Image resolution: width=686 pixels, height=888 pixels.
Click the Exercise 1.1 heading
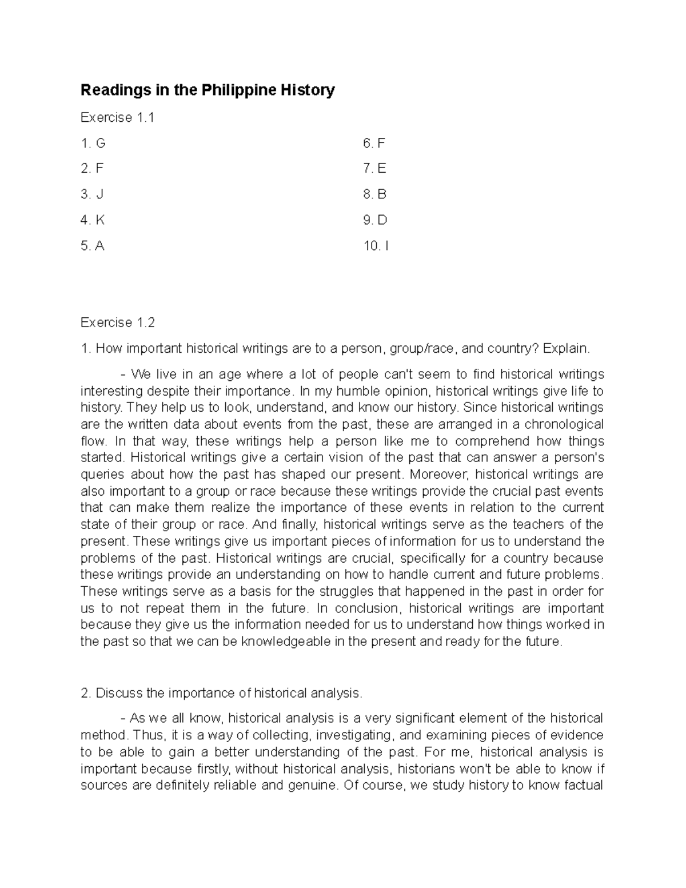tap(117, 117)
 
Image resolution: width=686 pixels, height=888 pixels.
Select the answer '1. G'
tap(93, 143)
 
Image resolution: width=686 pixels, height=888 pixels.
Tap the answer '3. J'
tap(92, 194)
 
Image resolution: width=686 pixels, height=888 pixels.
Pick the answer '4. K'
tap(93, 220)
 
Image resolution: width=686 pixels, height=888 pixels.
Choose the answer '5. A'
tap(93, 246)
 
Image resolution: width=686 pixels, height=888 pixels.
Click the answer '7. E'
tap(374, 169)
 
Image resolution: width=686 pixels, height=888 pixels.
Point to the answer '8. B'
tap(374, 194)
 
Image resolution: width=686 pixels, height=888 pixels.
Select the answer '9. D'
tap(375, 220)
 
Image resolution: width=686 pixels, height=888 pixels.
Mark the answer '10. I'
tap(376, 246)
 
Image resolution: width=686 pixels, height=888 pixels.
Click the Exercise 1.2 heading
tap(118, 322)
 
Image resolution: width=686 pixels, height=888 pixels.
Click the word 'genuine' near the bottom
tap(308, 785)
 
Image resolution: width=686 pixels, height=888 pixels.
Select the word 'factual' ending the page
tap(583, 785)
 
